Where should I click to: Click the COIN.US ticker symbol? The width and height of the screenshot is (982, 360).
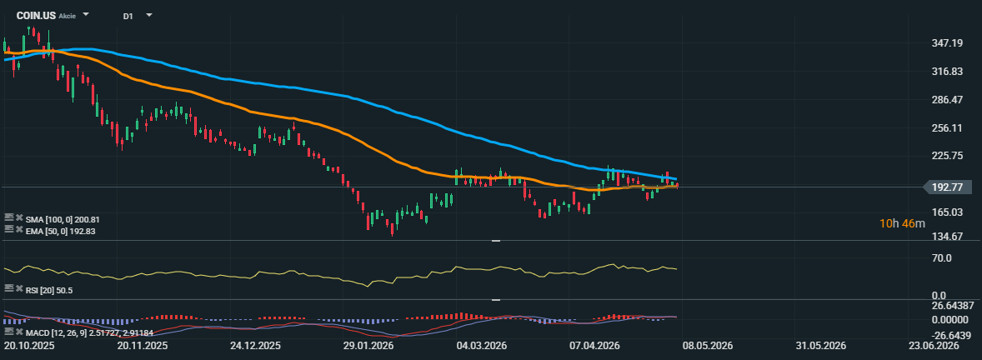36,15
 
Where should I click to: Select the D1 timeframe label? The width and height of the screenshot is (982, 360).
128,16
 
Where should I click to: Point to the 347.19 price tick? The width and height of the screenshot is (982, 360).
947,43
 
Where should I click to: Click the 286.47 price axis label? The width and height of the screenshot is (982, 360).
947,99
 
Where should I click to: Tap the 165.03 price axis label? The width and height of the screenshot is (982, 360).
947,212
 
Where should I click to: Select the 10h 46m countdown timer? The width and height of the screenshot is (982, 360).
903,223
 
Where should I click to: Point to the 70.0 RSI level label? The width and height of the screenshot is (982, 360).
943,257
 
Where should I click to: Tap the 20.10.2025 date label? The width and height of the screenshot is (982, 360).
29,346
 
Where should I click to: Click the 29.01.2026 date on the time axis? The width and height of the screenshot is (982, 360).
368,346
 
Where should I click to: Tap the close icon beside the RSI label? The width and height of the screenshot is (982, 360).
19,288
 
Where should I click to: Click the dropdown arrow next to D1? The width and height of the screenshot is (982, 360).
149,15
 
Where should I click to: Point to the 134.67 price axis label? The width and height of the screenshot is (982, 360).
947,236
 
